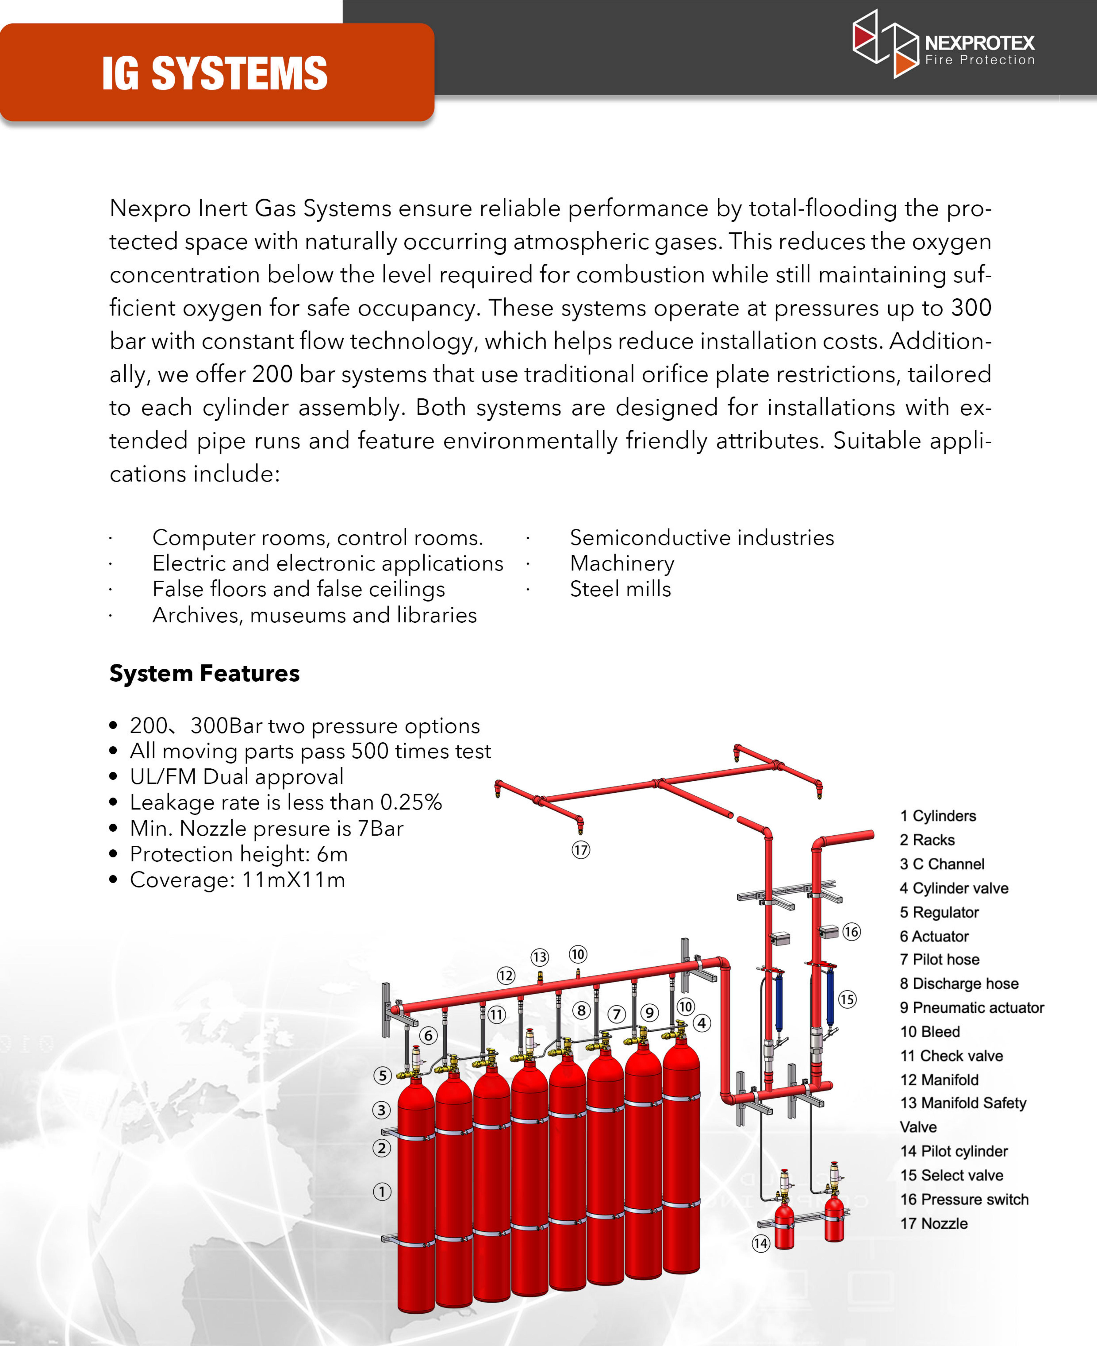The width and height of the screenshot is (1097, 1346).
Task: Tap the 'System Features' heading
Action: tap(204, 673)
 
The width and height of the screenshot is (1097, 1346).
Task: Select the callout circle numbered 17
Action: tap(581, 850)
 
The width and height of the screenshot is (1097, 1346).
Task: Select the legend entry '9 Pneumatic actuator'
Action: tap(971, 1008)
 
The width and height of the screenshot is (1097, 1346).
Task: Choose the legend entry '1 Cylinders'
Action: tap(938, 816)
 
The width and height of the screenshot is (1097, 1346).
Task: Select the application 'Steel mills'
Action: tap(620, 589)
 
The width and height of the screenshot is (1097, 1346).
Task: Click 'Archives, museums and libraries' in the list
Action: tap(314, 615)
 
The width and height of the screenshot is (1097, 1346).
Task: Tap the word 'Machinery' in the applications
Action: tap(622, 563)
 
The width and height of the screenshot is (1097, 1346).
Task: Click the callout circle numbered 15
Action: tap(847, 1000)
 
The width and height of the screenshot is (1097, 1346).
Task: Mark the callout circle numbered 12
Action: tap(506, 976)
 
